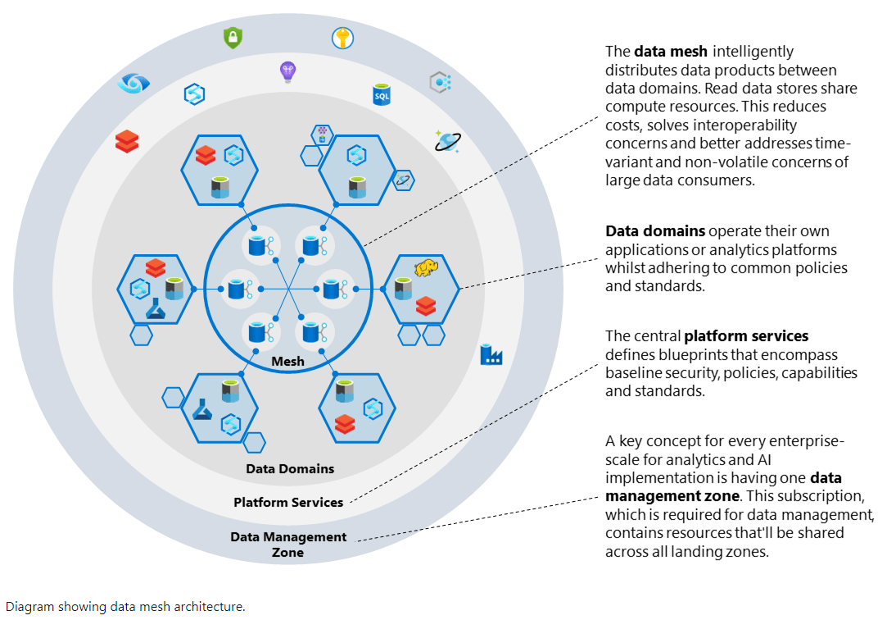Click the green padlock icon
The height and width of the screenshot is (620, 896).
(233, 37)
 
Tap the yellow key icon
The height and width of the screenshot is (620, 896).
(342, 38)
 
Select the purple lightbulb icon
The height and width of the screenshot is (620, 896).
(287, 72)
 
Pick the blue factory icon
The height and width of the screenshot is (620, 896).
(491, 354)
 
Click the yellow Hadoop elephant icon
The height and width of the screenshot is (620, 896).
(426, 268)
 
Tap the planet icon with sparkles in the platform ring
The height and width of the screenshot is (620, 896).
(447, 140)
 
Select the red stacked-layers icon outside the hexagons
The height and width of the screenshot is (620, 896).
(127, 141)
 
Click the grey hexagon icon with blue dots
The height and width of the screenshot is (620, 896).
(441, 81)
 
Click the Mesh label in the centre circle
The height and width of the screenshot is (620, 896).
(287, 361)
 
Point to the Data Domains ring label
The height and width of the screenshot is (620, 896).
(290, 469)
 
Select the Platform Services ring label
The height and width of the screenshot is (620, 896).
(288, 502)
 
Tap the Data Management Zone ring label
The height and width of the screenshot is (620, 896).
(288, 545)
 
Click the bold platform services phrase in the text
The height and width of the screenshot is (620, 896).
(746, 336)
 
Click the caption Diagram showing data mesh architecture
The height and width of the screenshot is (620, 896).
(125, 607)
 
